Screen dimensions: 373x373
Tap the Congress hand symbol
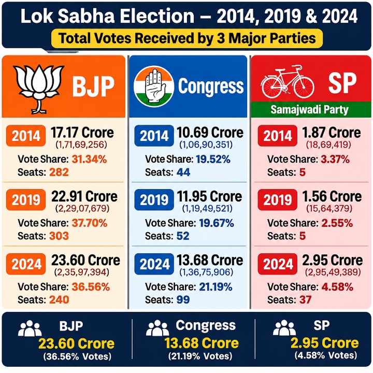pyautogui.click(x=154, y=86)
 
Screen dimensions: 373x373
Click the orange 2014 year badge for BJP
pyautogui.click(x=26, y=136)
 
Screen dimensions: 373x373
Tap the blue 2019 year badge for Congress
pyautogui.click(x=154, y=200)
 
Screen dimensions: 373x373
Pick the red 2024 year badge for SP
pyautogui.click(x=278, y=264)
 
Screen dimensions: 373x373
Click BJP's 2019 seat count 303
pyautogui.click(x=59, y=236)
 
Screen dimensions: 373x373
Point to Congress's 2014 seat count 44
pyautogui.click(x=183, y=172)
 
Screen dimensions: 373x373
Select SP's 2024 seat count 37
pyautogui.click(x=306, y=300)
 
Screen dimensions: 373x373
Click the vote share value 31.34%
pyautogui.click(x=89, y=160)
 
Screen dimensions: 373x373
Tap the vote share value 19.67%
pyautogui.click(x=217, y=223)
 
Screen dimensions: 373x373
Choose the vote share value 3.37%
pyautogui.click(x=335, y=160)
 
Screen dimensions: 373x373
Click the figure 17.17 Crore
pyautogui.click(x=82, y=133)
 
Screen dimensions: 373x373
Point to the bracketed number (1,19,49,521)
pyautogui.click(x=207, y=209)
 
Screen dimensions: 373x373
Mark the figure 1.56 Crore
pyautogui.click(x=332, y=196)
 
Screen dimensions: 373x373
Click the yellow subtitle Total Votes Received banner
pyautogui.click(x=187, y=38)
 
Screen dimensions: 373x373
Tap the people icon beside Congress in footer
pyautogui.click(x=157, y=328)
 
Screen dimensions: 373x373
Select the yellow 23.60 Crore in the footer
pyautogui.click(x=76, y=344)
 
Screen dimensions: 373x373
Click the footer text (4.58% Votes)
pyautogui.click(x=326, y=355)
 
